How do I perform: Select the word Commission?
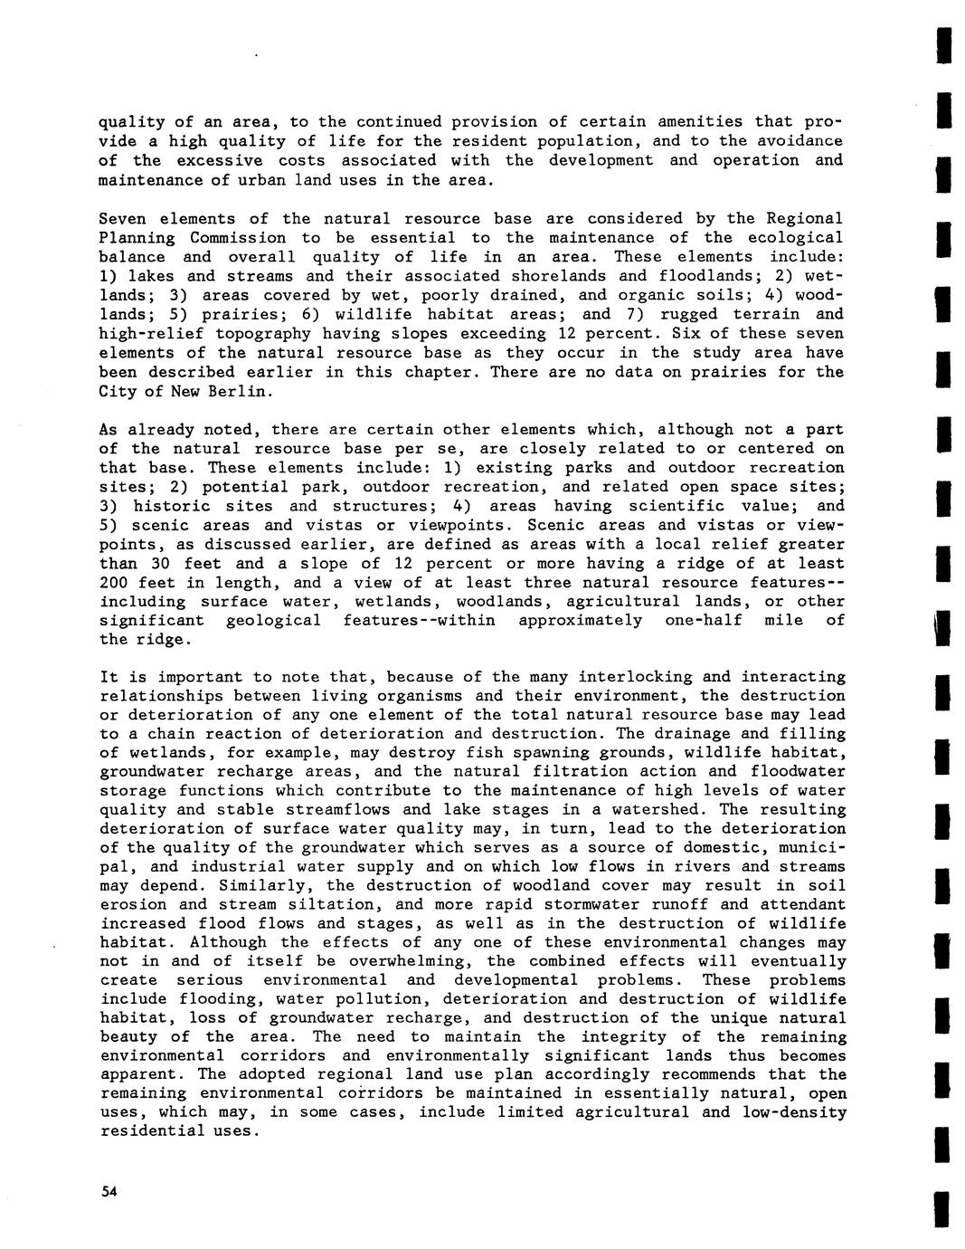click(238, 238)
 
